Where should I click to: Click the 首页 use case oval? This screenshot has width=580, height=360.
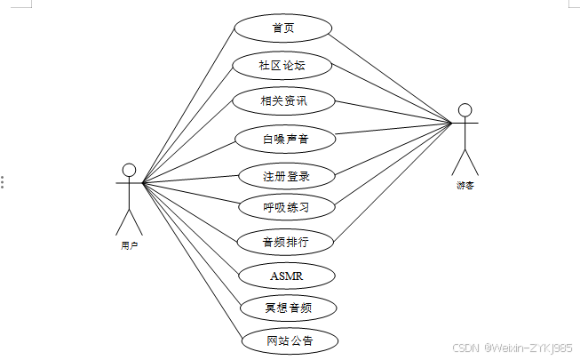[283, 28]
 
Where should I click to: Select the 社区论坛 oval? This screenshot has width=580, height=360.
[283, 65]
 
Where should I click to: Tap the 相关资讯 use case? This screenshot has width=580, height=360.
[283, 100]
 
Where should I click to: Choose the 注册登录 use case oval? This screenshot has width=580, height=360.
[286, 175]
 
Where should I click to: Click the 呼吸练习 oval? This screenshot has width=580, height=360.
[286, 207]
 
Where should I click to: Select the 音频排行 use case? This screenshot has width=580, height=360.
[285, 241]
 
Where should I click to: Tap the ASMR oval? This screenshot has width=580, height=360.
[286, 276]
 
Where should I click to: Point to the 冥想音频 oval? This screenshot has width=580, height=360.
[288, 308]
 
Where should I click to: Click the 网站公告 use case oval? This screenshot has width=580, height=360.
[290, 340]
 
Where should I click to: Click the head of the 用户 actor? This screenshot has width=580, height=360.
[129, 170]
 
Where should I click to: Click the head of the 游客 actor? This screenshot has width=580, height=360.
[465, 110]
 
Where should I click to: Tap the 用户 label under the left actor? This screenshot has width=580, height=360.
[129, 244]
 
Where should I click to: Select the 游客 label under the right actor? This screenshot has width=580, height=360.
[465, 186]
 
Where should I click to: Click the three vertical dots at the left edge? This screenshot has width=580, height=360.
[3, 181]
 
